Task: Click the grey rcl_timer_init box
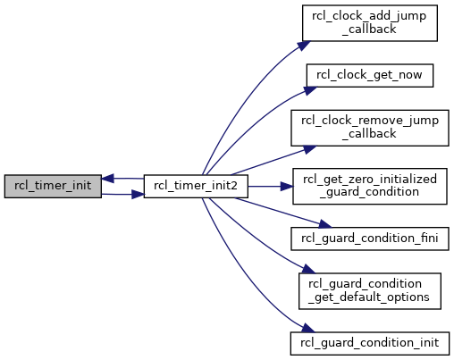click(53, 186)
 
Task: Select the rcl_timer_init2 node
click(196, 186)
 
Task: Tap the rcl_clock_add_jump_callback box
click(370, 23)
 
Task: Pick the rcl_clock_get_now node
click(370, 75)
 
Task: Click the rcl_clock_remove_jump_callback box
click(370, 128)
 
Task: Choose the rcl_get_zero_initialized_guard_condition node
click(370, 186)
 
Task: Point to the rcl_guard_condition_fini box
click(370, 239)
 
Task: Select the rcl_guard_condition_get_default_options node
click(370, 291)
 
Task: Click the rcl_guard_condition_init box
click(370, 343)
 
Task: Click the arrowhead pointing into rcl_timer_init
click(107, 179)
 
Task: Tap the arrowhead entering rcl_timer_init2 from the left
click(138, 195)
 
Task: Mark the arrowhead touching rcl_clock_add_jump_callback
click(304, 46)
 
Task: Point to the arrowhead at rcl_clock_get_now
click(310, 90)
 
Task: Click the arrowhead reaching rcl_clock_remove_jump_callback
click(310, 149)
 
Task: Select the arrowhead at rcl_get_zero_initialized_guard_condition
click(287, 187)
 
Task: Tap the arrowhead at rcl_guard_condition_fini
click(324, 224)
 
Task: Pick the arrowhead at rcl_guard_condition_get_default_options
click(308, 270)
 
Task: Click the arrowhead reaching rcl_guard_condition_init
click(307, 328)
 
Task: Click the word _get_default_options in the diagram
click(369, 297)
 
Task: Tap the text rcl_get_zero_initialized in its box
click(370, 180)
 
